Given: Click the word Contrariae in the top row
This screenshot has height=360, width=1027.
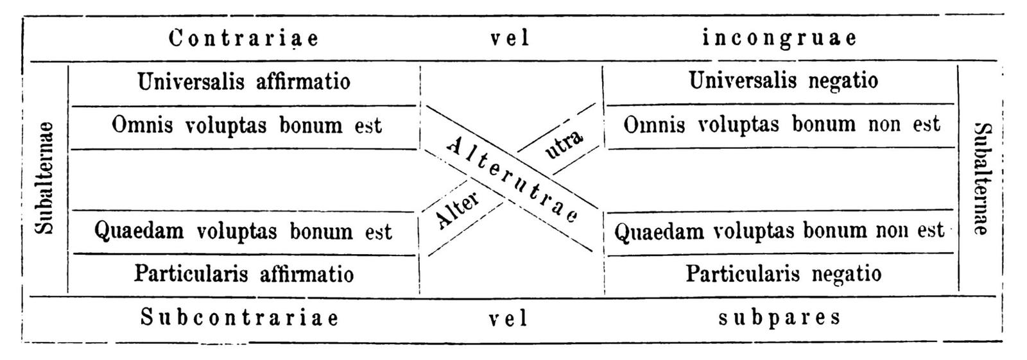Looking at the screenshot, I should [244, 39].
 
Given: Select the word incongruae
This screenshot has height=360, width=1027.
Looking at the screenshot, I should [779, 38].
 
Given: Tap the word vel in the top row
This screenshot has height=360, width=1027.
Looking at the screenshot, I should [510, 39].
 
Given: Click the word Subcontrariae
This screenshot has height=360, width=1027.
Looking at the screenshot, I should [239, 318].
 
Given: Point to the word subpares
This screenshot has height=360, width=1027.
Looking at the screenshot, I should [779, 317].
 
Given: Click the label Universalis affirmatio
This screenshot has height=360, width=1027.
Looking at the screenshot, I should [244, 81].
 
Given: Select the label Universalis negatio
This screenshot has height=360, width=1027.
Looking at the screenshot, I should [783, 81].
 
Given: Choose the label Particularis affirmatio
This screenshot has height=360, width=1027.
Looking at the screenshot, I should [244, 274].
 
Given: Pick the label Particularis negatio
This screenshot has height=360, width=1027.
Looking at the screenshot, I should [783, 274].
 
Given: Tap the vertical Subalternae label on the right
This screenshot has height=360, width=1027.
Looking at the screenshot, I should [980, 179].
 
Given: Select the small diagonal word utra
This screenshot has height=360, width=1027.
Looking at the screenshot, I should [564, 144].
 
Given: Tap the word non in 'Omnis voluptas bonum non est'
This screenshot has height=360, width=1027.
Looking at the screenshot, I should [886, 124].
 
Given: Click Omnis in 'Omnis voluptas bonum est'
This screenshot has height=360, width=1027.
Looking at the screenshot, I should [142, 124].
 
